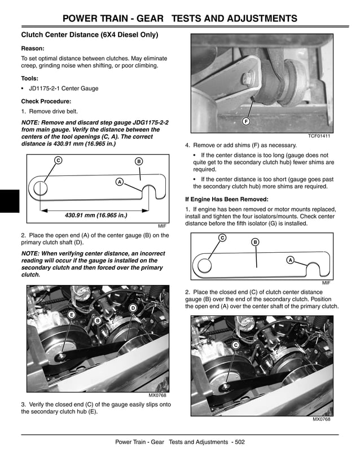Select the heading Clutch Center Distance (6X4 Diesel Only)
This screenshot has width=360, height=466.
pyautogui.click(x=89, y=35)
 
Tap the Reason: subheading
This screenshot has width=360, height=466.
pyautogui.click(x=33, y=49)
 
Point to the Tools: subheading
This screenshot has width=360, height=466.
pyautogui.click(x=31, y=79)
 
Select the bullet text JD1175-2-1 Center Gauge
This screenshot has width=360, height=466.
pyautogui.click(x=63, y=89)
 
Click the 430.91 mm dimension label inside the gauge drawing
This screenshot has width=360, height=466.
pyautogui.click(x=96, y=216)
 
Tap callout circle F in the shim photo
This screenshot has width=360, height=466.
pyautogui.click(x=246, y=122)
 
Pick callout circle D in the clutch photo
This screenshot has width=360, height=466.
pyautogui.click(x=133, y=307)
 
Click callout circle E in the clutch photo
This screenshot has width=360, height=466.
pyautogui.click(x=71, y=314)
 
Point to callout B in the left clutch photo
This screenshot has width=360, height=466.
pyautogui.click(x=98, y=320)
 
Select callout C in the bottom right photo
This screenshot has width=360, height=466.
pyautogui.click(x=235, y=345)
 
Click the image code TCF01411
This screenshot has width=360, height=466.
pyautogui.click(x=319, y=137)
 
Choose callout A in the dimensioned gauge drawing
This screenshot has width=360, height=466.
pyautogui.click(x=119, y=182)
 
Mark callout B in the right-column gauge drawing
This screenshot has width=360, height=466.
pyautogui.click(x=255, y=242)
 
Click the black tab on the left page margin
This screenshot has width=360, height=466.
pyautogui.click(x=10, y=201)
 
